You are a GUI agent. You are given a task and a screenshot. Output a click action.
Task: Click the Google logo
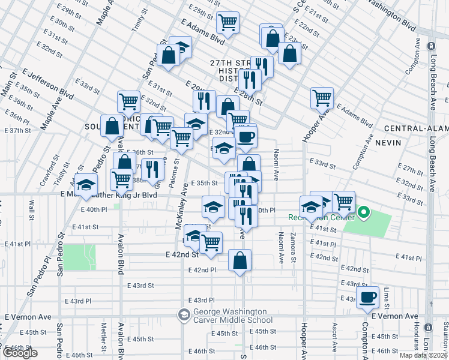pos(20,353)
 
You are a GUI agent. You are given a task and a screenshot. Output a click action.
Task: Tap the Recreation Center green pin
pos(363,212)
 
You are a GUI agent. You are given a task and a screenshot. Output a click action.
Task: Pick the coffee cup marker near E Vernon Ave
pos(367,297)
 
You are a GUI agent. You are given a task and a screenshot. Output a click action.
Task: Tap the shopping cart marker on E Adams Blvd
pos(228,23)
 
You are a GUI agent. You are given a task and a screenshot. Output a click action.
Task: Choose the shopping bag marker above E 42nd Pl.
pos(240,260)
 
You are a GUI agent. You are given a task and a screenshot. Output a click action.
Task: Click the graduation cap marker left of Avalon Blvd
pos(86,185)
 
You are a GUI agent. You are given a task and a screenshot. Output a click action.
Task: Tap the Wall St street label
pos(31,212)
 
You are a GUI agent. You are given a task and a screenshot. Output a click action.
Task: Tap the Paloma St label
pos(176,172)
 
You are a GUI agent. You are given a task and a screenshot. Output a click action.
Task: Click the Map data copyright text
pos(421,355)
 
